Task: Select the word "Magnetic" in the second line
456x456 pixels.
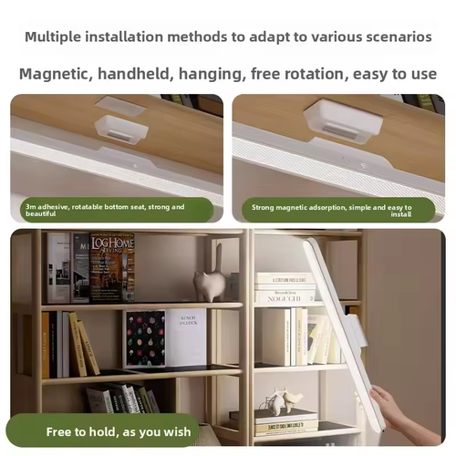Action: tap(58, 73)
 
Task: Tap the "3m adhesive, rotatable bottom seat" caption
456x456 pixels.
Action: tap(105, 211)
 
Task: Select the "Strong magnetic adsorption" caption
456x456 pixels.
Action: tap(332, 211)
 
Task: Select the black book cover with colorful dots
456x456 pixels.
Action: tap(144, 338)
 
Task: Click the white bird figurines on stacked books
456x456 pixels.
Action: tap(282, 399)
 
